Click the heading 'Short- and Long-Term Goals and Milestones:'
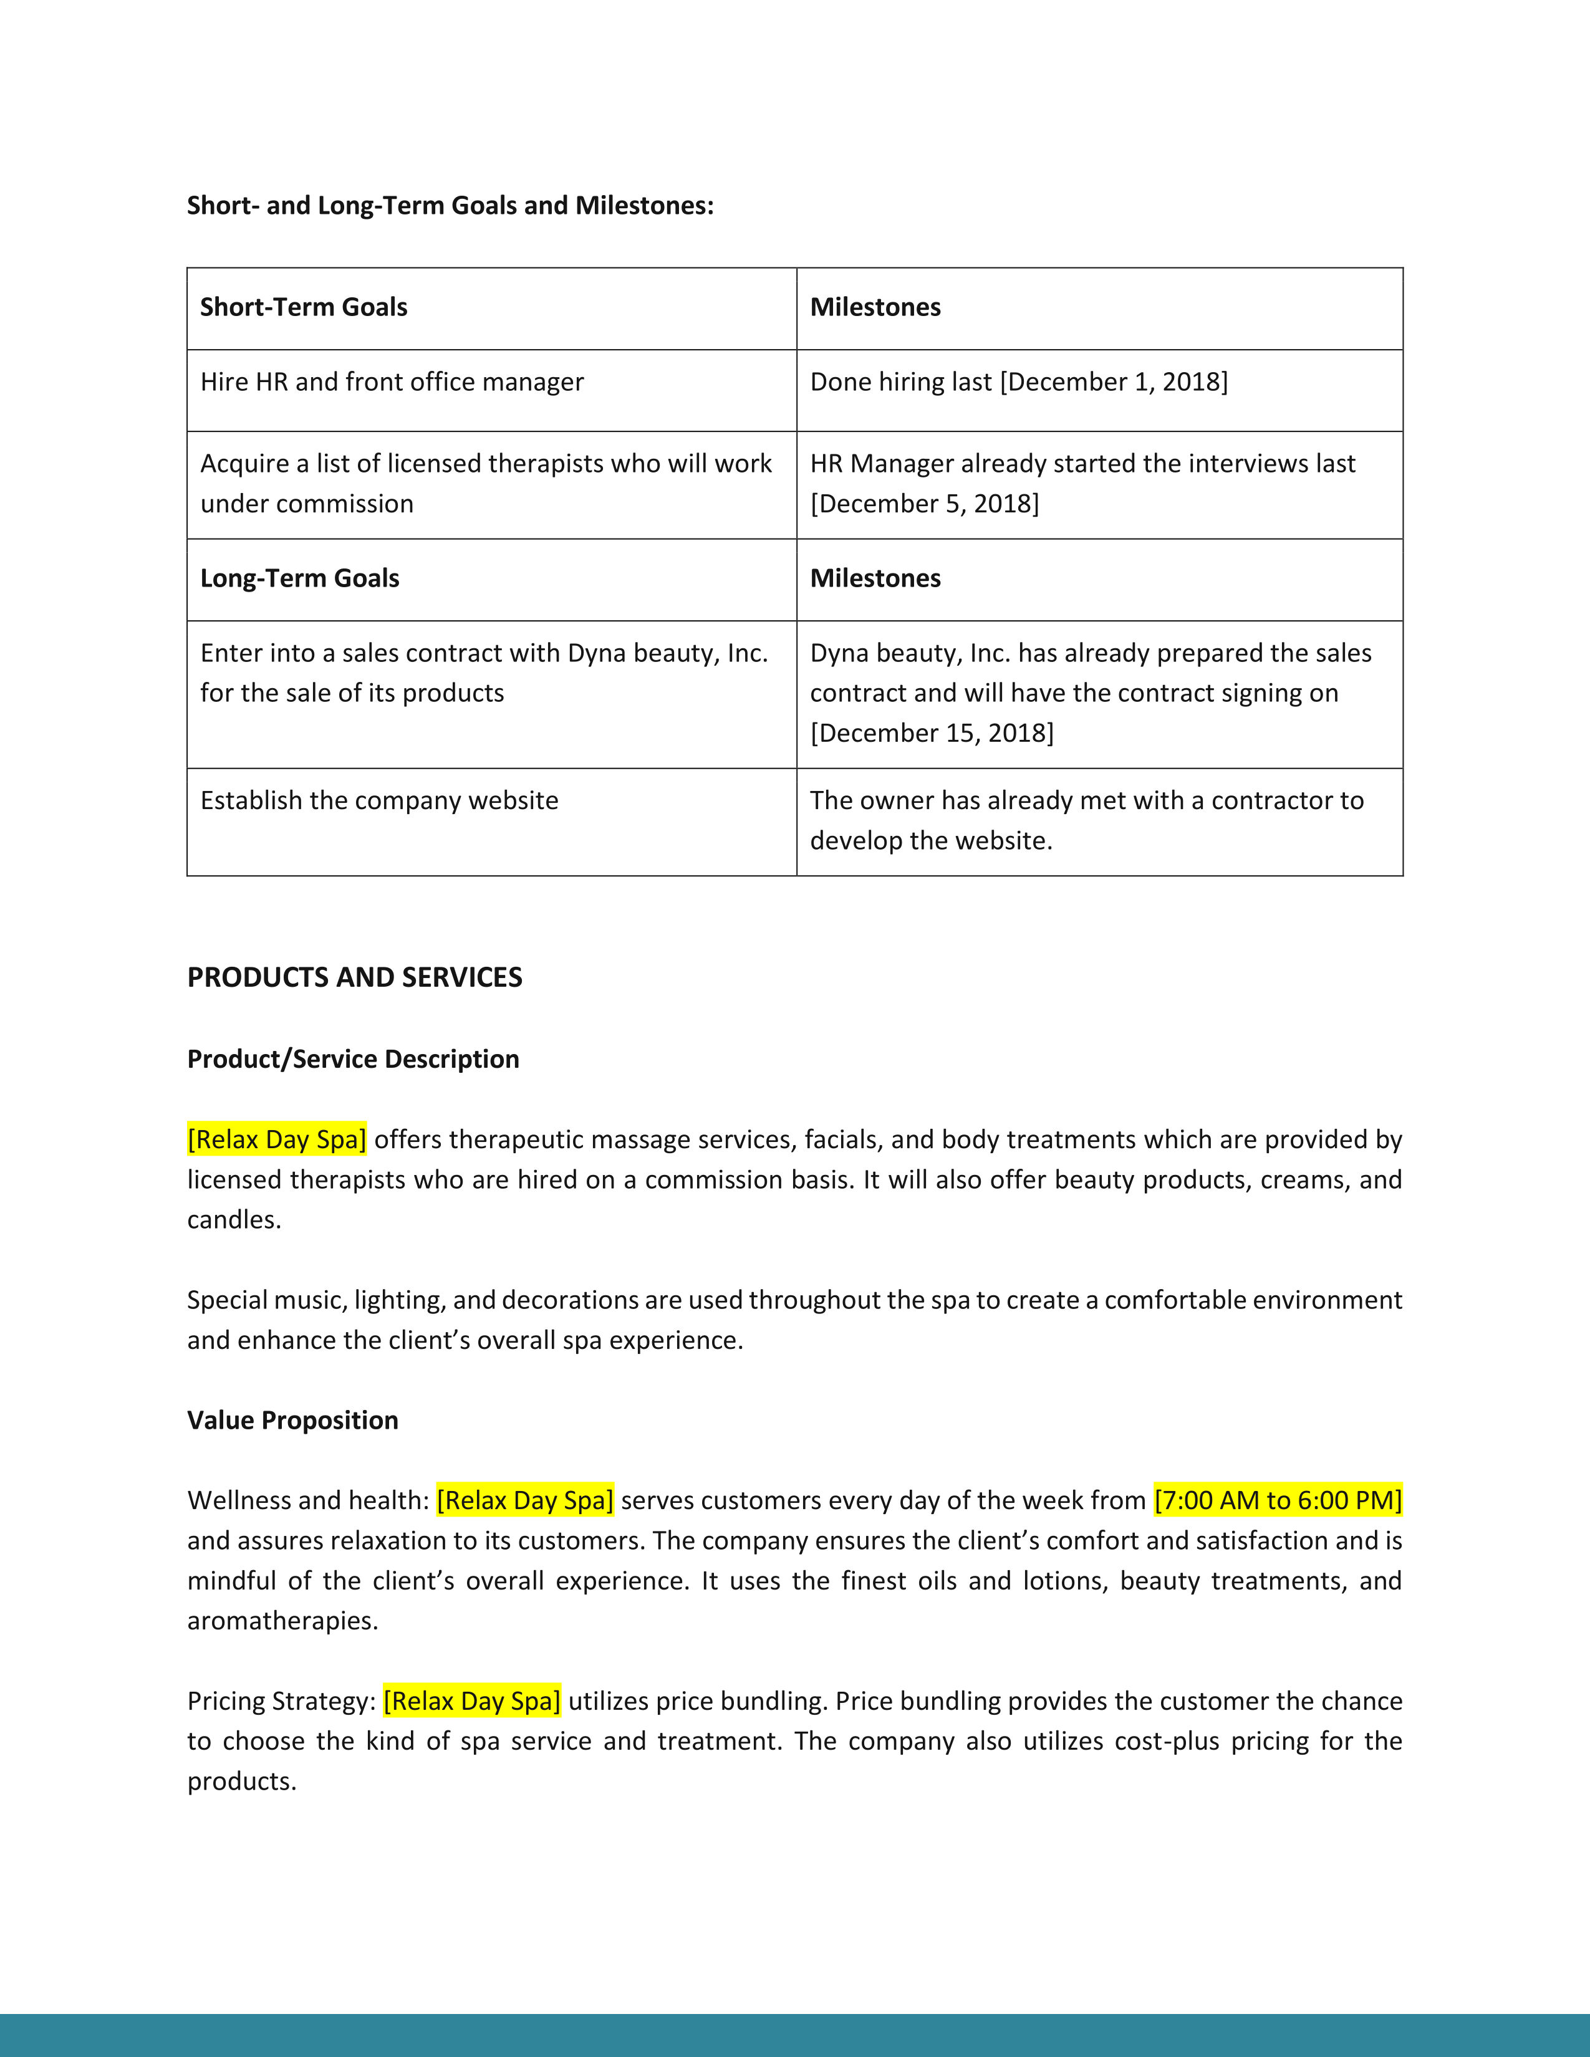[450, 205]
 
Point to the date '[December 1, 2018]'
[1114, 381]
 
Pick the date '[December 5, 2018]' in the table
[924, 504]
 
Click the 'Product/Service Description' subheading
[353, 1060]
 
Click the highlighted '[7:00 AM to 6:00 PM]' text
[1277, 1500]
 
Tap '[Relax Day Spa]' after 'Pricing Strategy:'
[472, 1701]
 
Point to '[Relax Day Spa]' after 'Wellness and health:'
[524, 1500]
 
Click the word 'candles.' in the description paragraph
[234, 1220]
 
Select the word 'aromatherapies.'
[282, 1621]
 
